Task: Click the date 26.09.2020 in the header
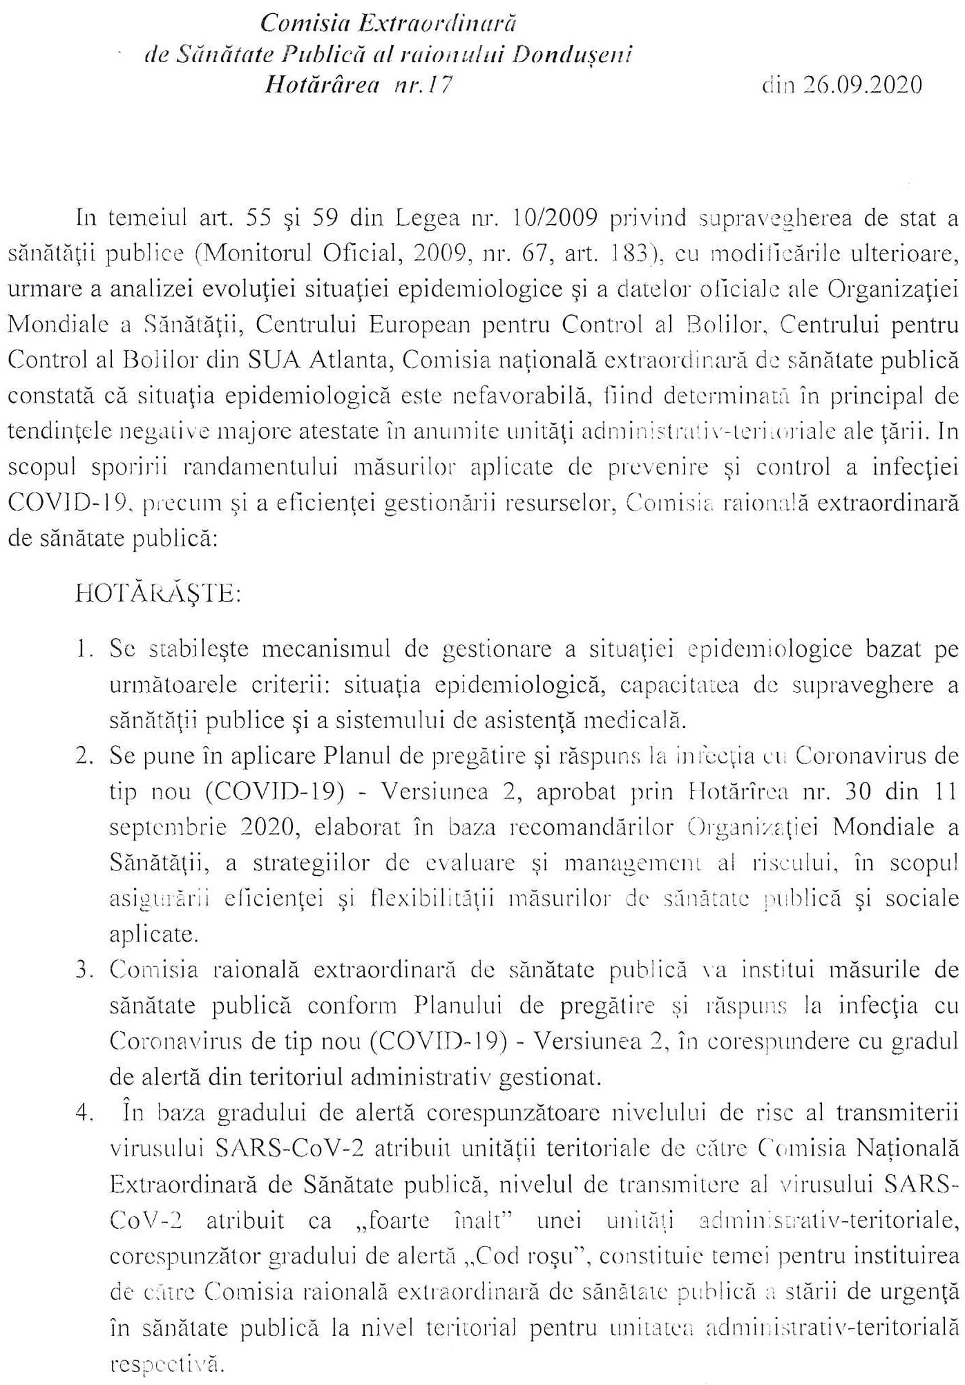[862, 86]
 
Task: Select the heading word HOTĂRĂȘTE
[158, 594]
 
